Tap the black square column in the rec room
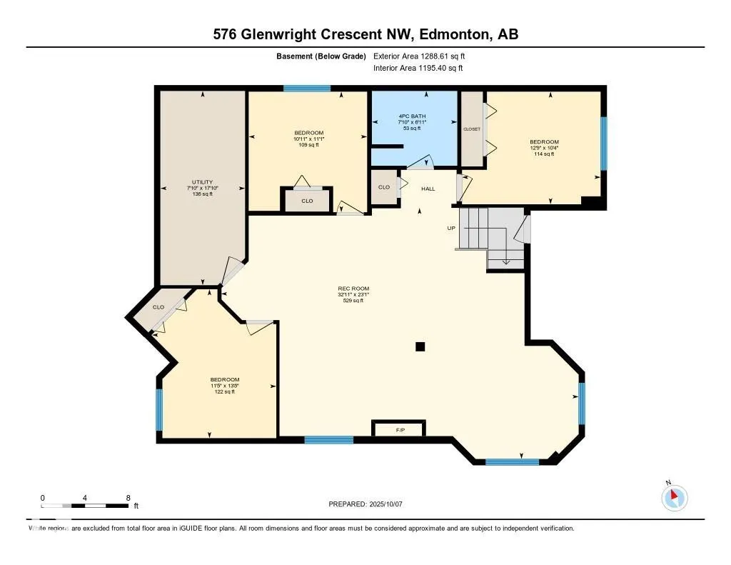pyautogui.click(x=420, y=346)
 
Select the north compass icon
pyautogui.click(x=674, y=497)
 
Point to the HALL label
pyautogui.click(x=428, y=189)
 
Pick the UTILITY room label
pyautogui.click(x=202, y=182)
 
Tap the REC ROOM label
pyautogui.click(x=353, y=289)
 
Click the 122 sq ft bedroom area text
pyautogui.click(x=224, y=391)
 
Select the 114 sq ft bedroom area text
pyautogui.click(x=544, y=154)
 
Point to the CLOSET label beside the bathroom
pyautogui.click(x=472, y=129)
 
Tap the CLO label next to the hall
pyautogui.click(x=384, y=187)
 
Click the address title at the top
pyautogui.click(x=365, y=34)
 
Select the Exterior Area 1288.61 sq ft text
pyautogui.click(x=420, y=56)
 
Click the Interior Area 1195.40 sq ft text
pyautogui.click(x=418, y=68)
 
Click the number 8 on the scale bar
pyautogui.click(x=128, y=497)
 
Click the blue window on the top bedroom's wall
pyautogui.click(x=307, y=89)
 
